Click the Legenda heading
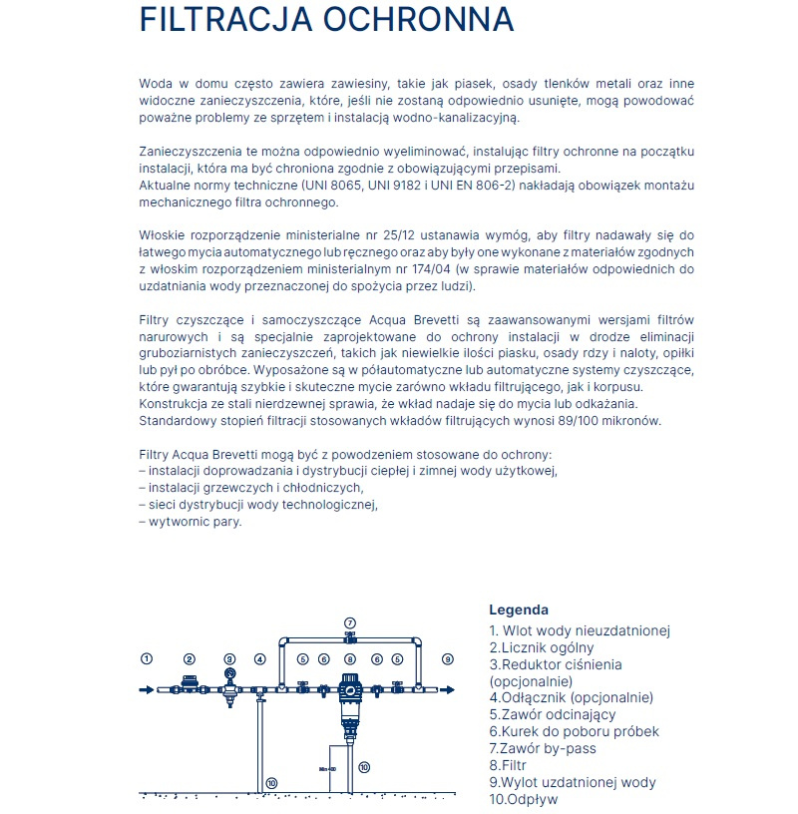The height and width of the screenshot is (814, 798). click(x=518, y=610)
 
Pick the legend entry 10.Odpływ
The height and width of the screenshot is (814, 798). click(x=524, y=799)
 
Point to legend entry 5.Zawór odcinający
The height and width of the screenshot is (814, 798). click(x=552, y=714)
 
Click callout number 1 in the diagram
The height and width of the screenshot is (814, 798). click(x=146, y=658)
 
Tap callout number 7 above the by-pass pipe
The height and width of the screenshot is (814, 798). click(x=349, y=621)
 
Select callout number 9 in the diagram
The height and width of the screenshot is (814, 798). click(x=447, y=658)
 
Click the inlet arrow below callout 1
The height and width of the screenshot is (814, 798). click(x=146, y=689)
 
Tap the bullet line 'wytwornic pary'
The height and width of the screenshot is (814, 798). click(x=191, y=521)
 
